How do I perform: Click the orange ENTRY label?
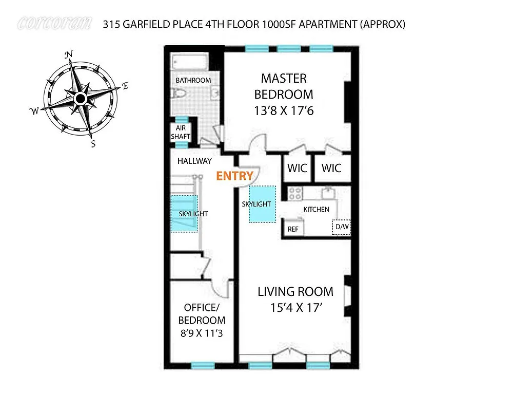click(x=234, y=176)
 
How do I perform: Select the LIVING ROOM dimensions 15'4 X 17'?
click(x=295, y=308)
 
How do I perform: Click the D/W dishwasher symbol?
click(x=341, y=227)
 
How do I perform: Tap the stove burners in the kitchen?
click(x=295, y=193)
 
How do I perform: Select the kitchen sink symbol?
click(x=327, y=194)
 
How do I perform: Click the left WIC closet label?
click(x=298, y=169)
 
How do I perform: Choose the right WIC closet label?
click(x=331, y=169)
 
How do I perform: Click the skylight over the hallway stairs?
click(x=184, y=214)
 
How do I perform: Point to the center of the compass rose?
click(x=81, y=98)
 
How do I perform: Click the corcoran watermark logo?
click(x=54, y=23)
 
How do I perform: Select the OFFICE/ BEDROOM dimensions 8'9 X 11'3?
click(x=201, y=333)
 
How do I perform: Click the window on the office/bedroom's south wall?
click(x=202, y=365)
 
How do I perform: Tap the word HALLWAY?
click(x=194, y=161)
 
